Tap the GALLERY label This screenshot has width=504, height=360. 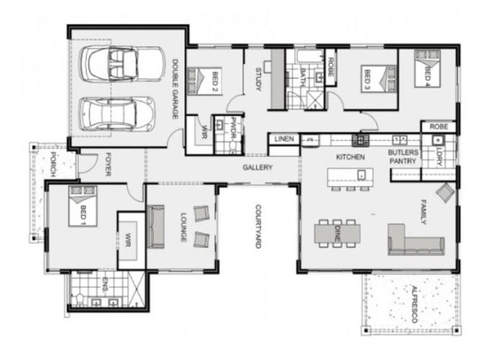[257, 168]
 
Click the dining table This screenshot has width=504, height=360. [337, 233]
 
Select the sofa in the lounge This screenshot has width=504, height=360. [156, 227]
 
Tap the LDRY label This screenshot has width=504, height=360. [439, 153]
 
